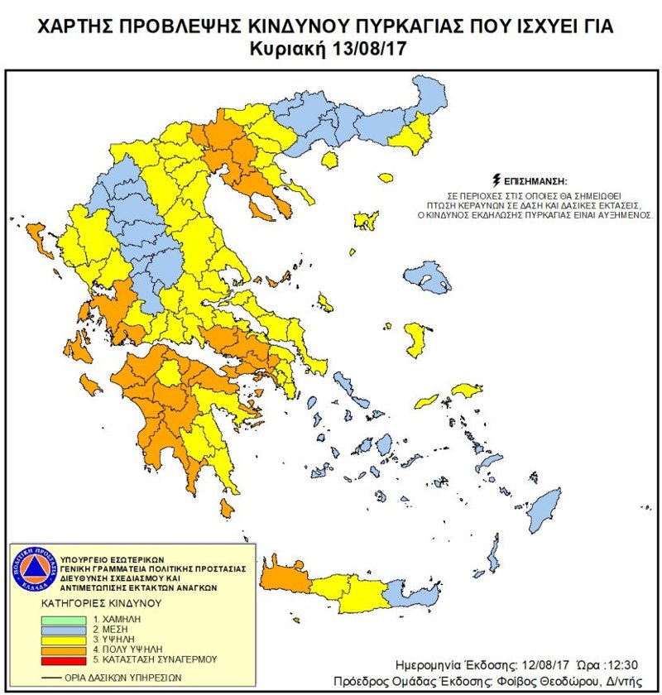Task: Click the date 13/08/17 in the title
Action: (369, 48)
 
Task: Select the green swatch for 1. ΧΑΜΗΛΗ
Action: (64, 617)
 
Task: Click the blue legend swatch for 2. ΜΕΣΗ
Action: (64, 628)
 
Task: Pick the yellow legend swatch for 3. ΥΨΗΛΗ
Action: (64, 639)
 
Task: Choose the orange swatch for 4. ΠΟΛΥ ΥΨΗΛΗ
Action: (64, 649)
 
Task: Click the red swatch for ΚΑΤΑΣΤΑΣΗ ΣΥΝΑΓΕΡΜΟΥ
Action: (64, 659)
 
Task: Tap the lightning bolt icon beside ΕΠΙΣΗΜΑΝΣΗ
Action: (496, 179)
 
